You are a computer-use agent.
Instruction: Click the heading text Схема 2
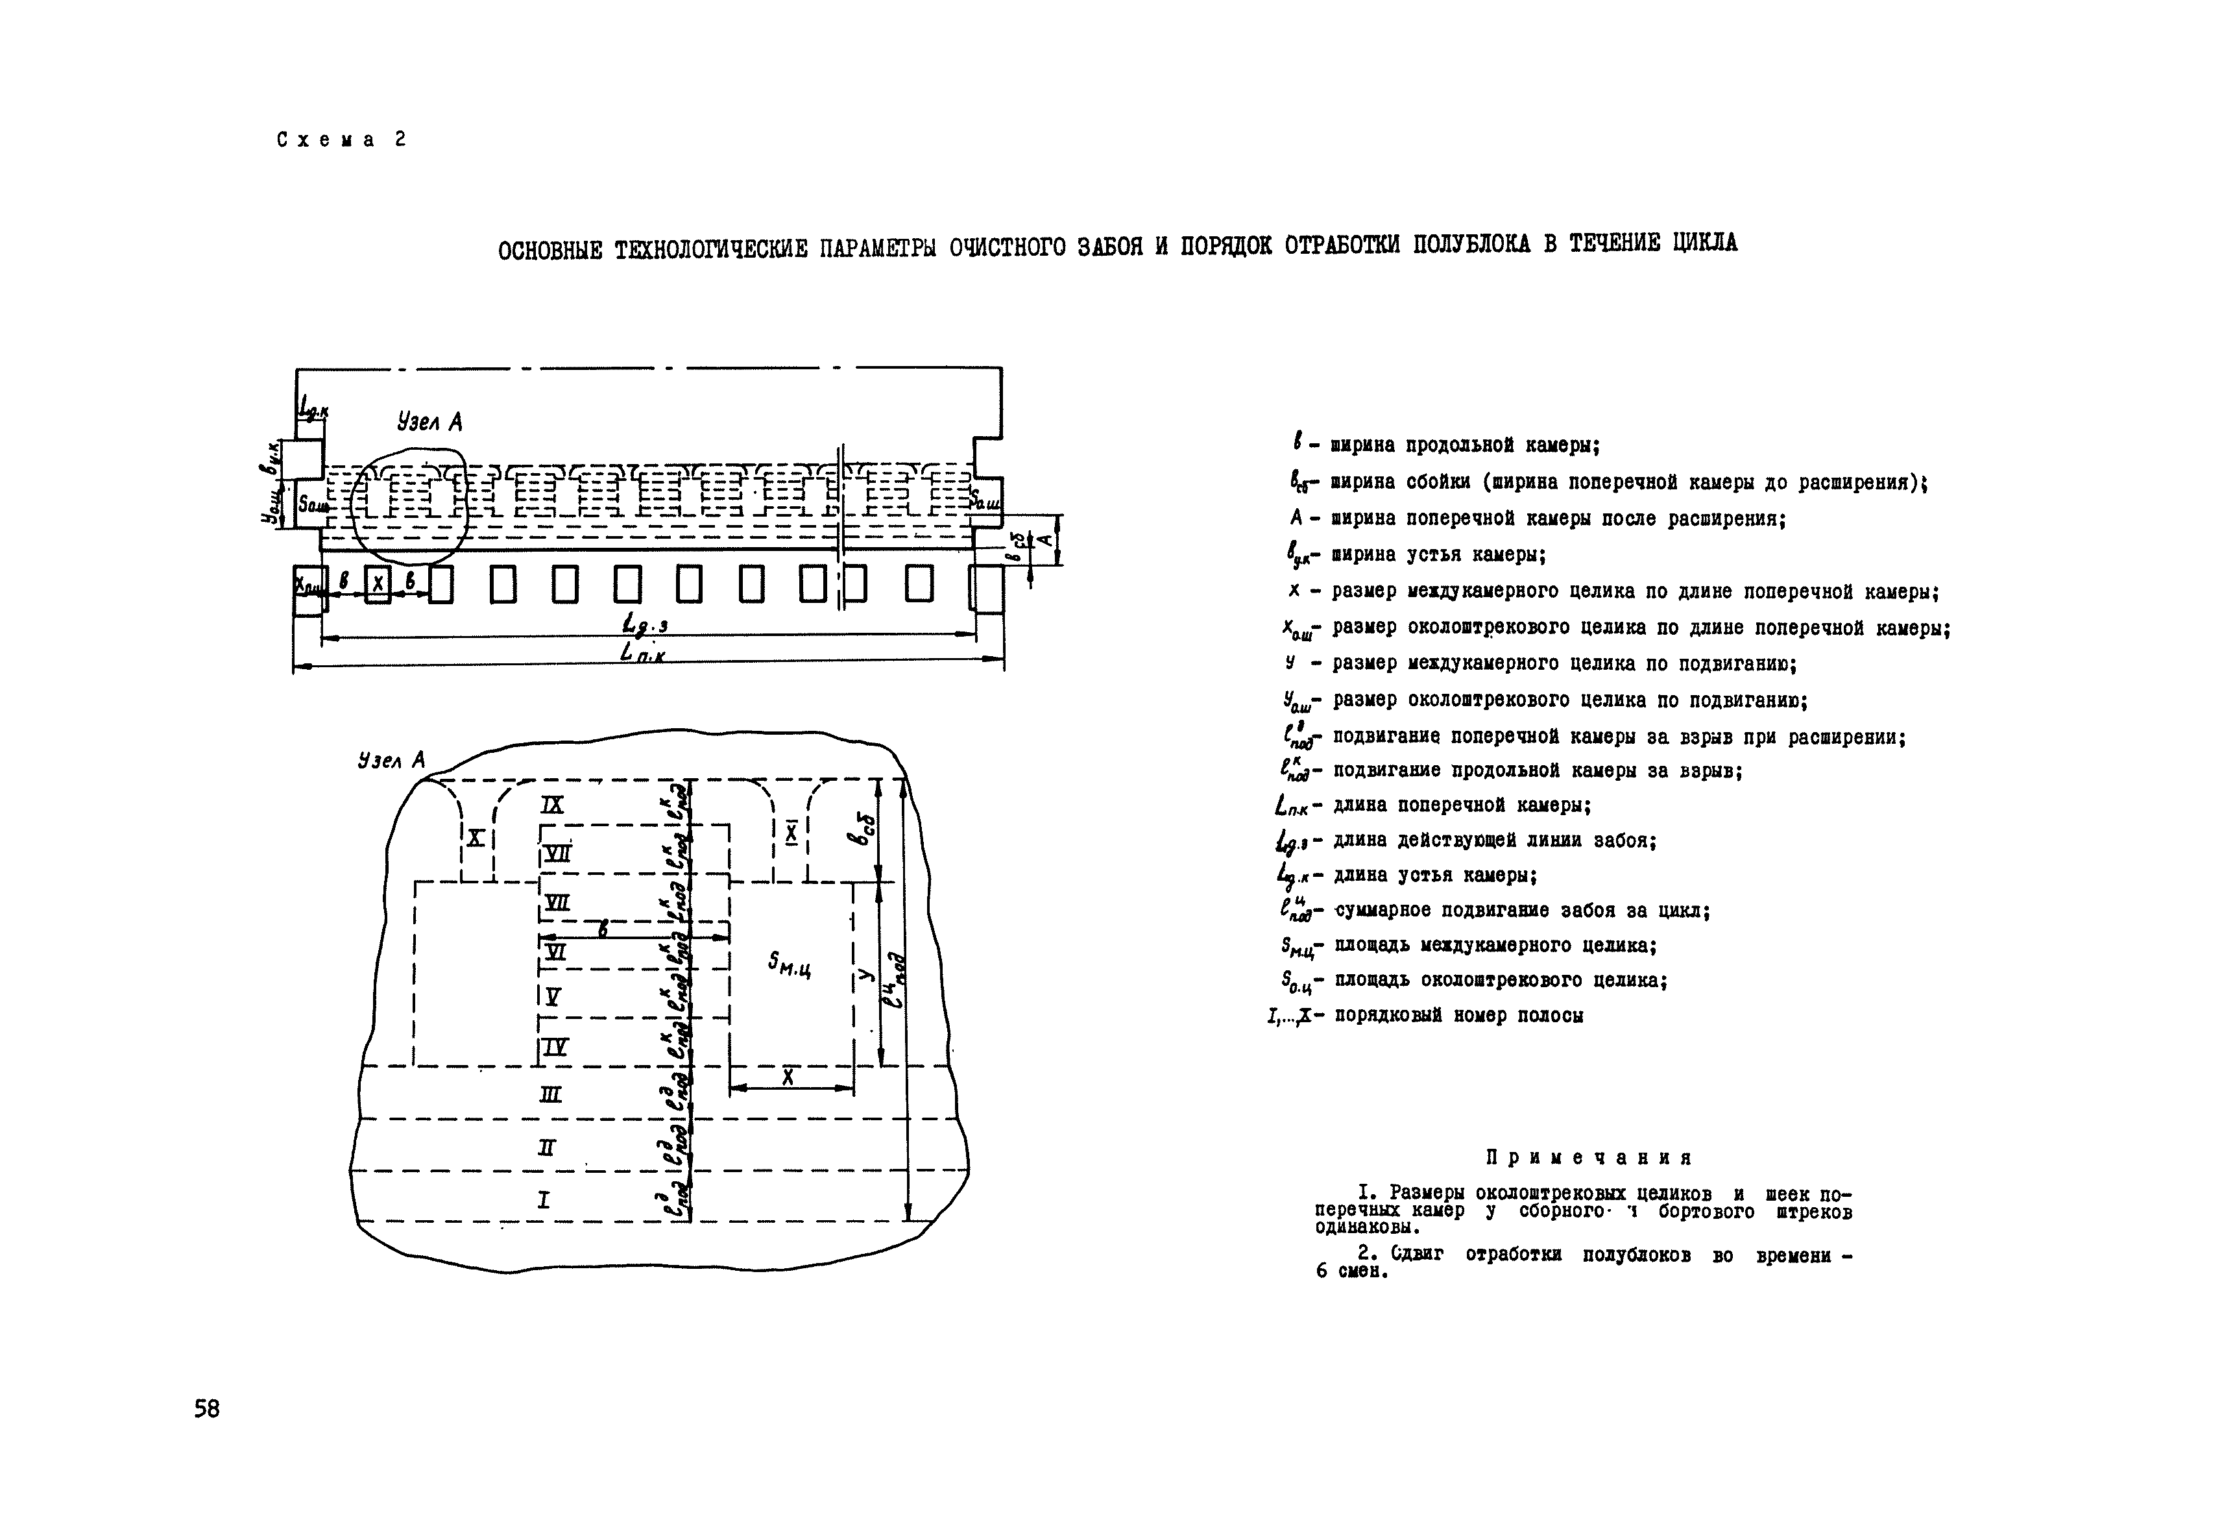pyautogui.click(x=341, y=140)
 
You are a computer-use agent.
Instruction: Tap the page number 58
pyautogui.click(x=206, y=1409)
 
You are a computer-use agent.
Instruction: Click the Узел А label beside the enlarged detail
pyautogui.click(x=391, y=760)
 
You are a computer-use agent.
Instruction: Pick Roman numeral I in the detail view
pyautogui.click(x=544, y=1199)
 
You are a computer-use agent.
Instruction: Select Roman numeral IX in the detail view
pyautogui.click(x=552, y=805)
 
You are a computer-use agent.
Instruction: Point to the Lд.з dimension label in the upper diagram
pyautogui.click(x=646, y=624)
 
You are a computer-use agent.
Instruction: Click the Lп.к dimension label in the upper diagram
pyautogui.click(x=642, y=653)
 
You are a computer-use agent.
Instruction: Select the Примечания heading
pyautogui.click(x=1589, y=1157)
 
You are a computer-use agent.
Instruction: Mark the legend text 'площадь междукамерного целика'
pyautogui.click(x=1496, y=945)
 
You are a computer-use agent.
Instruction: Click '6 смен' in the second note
pyautogui.click(x=1352, y=1271)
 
